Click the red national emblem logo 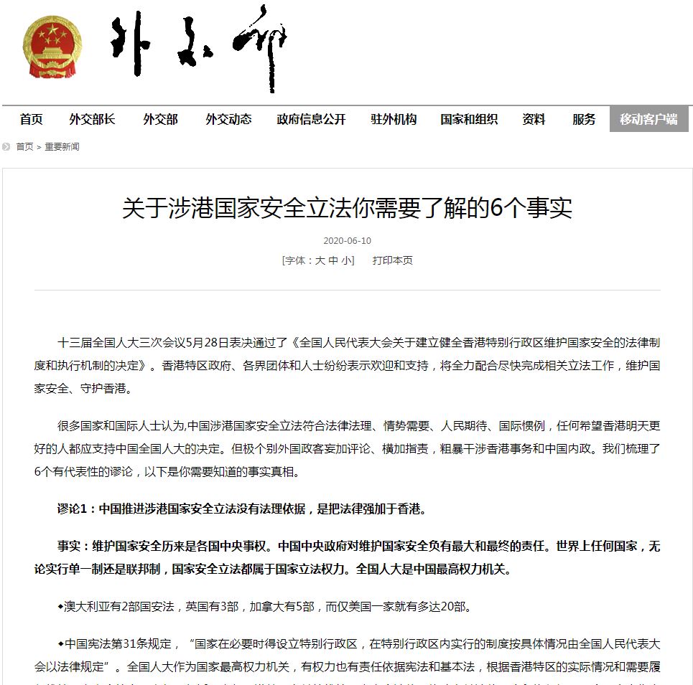[52, 47]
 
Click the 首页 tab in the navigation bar [31, 120]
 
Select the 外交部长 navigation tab [92, 120]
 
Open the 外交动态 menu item [228, 120]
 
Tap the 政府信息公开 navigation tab [311, 120]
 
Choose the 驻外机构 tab [394, 120]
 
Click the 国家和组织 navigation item [469, 120]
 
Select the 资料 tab [534, 120]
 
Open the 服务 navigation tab [584, 120]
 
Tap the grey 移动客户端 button [648, 120]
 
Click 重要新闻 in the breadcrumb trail [62, 147]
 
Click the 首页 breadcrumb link [24, 147]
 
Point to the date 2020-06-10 [348, 241]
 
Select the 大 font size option [320, 261]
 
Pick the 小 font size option [347, 261]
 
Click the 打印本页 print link [392, 261]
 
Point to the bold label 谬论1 [74, 510]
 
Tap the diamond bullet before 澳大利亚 [60, 607]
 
